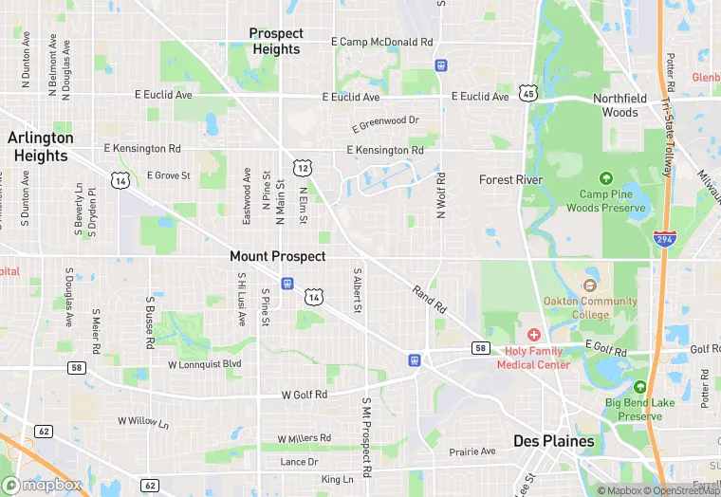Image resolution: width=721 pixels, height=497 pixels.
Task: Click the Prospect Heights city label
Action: pos(276,41)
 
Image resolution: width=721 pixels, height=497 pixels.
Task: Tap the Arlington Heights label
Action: pos(40,146)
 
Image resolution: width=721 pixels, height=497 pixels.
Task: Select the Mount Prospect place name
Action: pos(277,256)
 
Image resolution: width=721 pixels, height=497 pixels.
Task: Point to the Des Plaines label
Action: pos(553,441)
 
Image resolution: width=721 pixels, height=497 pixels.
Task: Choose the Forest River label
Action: pos(509,179)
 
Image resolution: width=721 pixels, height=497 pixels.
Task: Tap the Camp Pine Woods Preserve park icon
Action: pos(606,178)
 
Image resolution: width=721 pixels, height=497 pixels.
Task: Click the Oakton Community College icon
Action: pos(590,285)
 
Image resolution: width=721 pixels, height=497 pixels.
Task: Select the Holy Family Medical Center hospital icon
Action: pos(533,336)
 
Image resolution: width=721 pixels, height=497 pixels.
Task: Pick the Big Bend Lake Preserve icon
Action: pos(640,387)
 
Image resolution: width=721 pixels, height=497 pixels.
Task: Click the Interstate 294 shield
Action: pos(663,240)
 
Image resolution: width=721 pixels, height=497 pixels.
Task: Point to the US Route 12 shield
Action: pos(302,167)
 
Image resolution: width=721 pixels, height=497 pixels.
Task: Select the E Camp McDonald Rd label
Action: pos(381,42)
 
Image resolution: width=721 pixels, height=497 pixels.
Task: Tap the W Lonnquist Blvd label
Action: pos(204,364)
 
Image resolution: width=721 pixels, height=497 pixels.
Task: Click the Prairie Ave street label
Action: pos(472,451)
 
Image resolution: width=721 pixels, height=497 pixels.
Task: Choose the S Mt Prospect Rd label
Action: pos(365,437)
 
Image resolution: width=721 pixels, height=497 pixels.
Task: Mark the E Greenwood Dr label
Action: pos(385,123)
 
